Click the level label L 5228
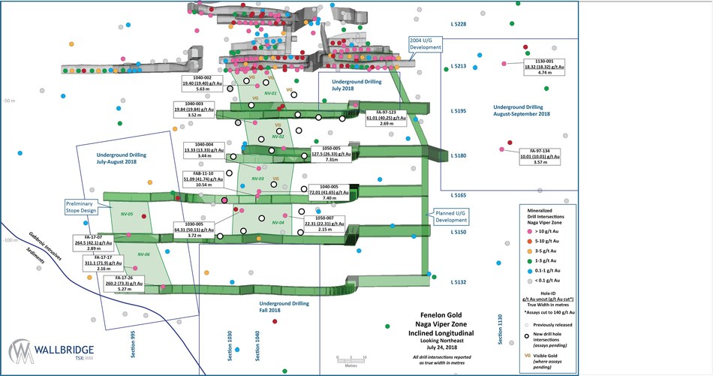458,25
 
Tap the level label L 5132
458,282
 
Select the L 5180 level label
458,156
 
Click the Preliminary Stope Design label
77,206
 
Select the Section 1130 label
499,329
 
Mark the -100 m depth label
9,240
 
